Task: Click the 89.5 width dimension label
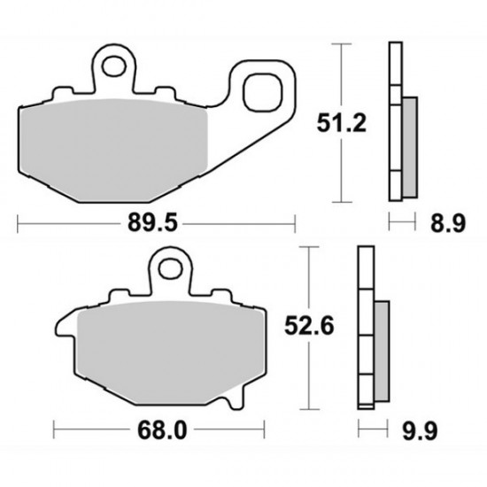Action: point(157,225)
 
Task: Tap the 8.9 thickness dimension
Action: point(450,224)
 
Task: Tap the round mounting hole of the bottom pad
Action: point(168,263)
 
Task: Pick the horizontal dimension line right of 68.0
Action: point(230,434)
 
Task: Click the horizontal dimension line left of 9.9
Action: point(372,434)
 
